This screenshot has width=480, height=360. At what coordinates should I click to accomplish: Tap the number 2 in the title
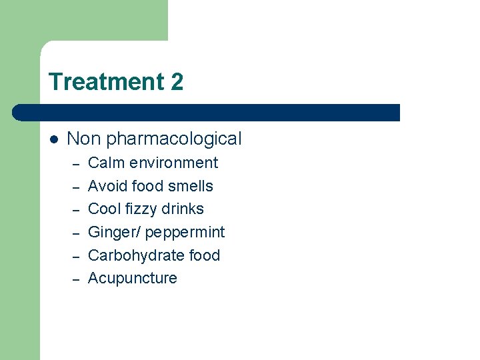click(177, 82)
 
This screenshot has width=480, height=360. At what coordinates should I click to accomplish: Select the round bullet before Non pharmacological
click(54, 139)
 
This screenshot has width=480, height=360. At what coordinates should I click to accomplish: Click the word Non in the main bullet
click(84, 139)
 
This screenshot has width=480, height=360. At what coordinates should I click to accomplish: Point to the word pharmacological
click(174, 139)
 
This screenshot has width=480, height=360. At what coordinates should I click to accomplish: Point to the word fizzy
click(141, 209)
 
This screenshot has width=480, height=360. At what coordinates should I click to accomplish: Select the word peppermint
click(185, 233)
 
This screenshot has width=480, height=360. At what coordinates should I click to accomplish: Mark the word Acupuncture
click(133, 279)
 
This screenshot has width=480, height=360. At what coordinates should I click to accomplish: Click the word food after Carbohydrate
click(205, 255)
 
